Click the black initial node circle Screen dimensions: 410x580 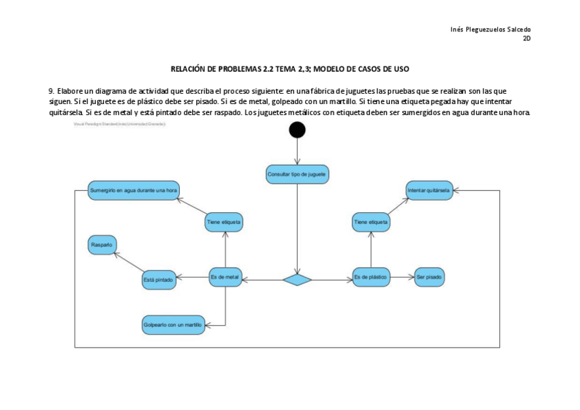point(298,129)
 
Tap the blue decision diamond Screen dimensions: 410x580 point(298,279)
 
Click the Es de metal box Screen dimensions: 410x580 point(225,277)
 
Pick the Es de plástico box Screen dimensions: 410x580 point(371,277)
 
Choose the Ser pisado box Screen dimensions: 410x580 point(430,277)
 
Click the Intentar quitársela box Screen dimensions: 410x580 point(429,190)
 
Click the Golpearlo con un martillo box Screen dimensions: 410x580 point(174,324)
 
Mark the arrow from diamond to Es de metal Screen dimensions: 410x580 point(263,279)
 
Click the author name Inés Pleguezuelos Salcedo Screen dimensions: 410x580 point(490,29)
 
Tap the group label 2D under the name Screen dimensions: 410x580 point(527,38)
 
